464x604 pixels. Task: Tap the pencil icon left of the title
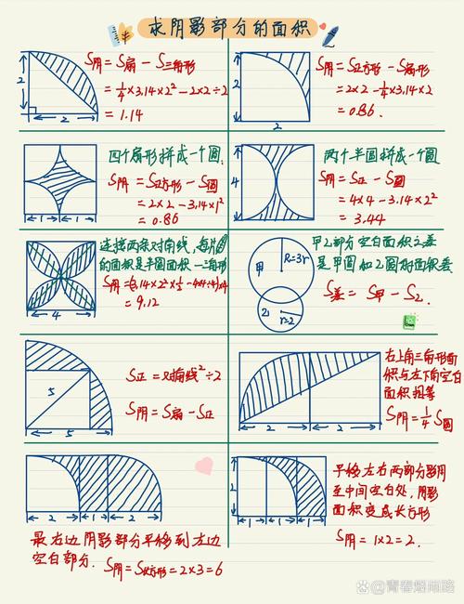[x=120, y=34]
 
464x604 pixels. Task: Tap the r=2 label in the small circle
[x=288, y=319]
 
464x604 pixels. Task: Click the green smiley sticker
[x=407, y=321]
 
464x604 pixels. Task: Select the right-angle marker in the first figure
[x=31, y=111]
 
